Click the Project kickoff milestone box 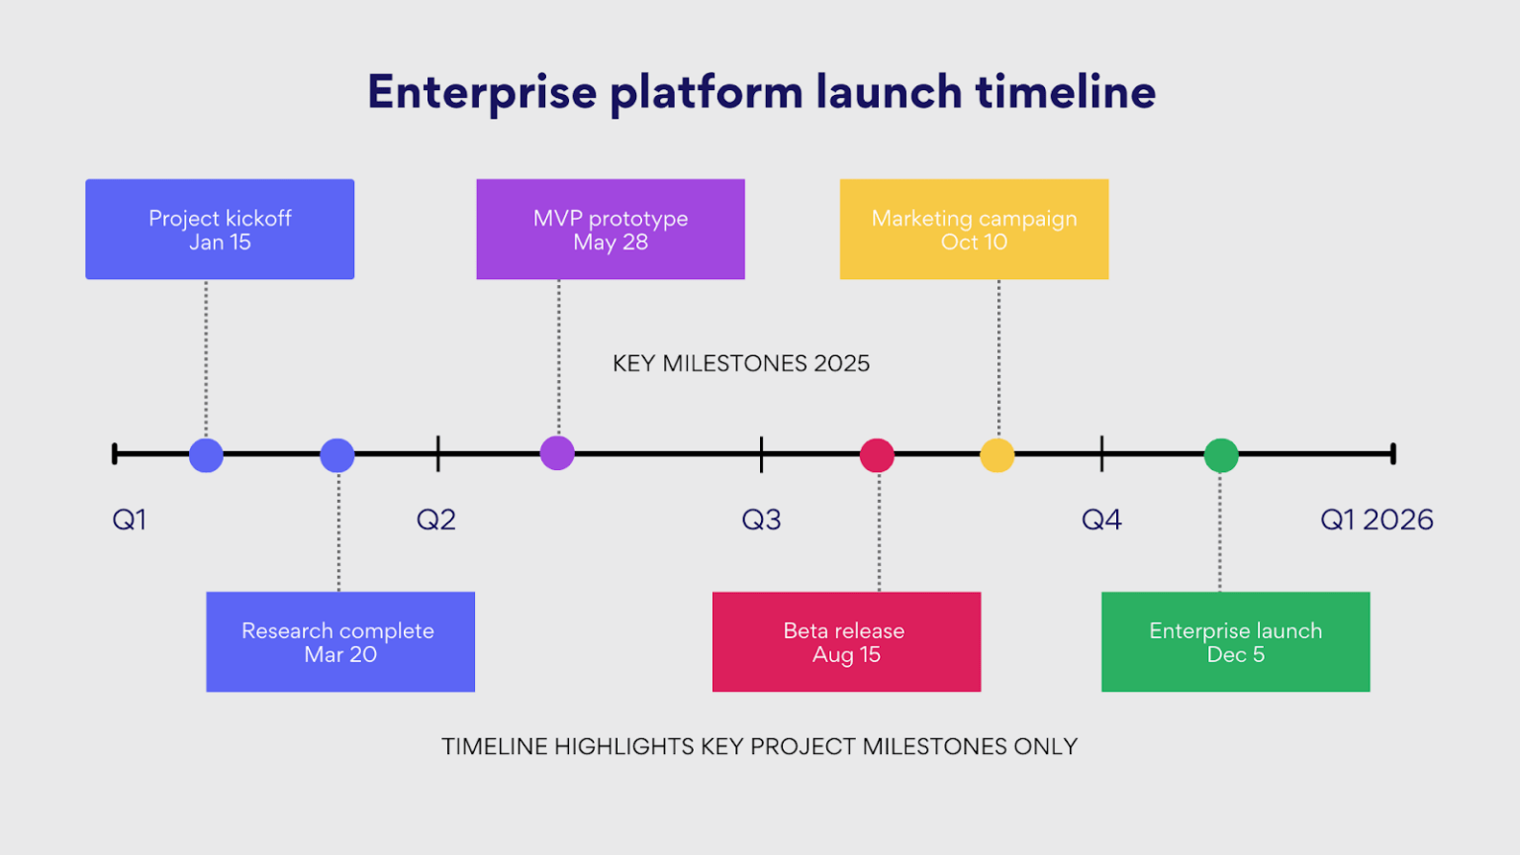click(220, 229)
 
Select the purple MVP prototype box click(611, 229)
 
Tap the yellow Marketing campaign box click(974, 229)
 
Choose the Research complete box click(340, 641)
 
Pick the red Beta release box click(846, 641)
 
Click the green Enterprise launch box click(1235, 641)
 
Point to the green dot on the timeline click(1221, 455)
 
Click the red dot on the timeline click(877, 455)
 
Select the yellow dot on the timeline click(997, 455)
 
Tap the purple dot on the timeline click(557, 453)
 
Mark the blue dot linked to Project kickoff click(206, 455)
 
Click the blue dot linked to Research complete click(337, 455)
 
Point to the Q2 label click(436, 520)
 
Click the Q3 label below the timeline click(761, 520)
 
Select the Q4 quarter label click(1101, 520)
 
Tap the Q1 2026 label click(1377, 520)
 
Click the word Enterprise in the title click(482, 92)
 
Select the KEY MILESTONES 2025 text click(740, 363)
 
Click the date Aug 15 click(846, 655)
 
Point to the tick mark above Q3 click(761, 453)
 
